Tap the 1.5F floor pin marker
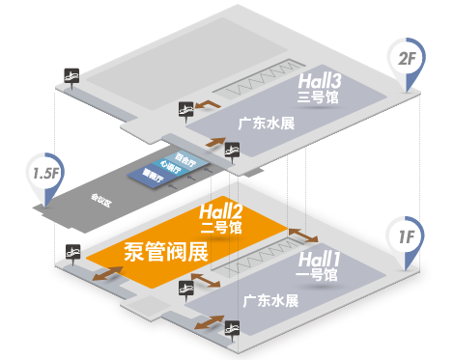pos(45,174)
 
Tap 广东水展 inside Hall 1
pos(270,300)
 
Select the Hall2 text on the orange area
pos(220,212)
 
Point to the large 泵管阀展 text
pos(166,253)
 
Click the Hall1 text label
pos(318,259)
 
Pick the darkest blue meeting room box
pos(150,175)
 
